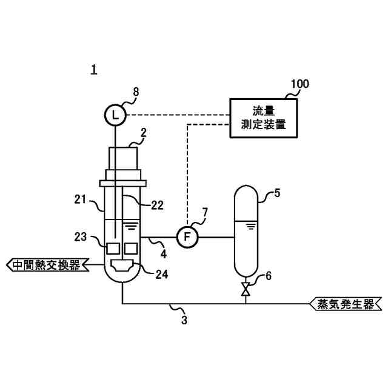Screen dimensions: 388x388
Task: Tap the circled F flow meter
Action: [x=187, y=236]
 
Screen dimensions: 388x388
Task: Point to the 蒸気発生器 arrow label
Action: [x=346, y=304]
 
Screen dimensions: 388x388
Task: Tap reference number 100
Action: [x=298, y=84]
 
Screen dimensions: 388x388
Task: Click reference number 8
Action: [x=136, y=92]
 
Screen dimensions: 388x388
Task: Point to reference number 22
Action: [x=157, y=206]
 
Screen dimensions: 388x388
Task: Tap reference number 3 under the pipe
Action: [x=184, y=319]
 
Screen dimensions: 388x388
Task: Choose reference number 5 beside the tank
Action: [x=277, y=194]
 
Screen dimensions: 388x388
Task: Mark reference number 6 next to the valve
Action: [x=269, y=275]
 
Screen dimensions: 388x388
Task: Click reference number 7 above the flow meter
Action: [x=204, y=212]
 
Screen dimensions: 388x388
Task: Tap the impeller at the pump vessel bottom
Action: [x=122, y=265]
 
